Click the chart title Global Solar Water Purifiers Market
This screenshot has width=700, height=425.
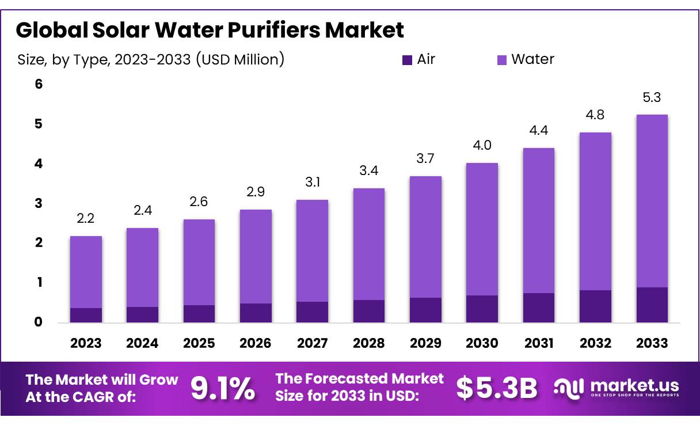click(210, 30)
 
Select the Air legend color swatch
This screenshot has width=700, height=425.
click(407, 59)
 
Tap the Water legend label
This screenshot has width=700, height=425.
click(532, 59)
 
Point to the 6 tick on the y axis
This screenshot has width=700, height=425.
click(39, 85)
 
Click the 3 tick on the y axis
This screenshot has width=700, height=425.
click(39, 203)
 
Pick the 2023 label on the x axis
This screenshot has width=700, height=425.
click(86, 343)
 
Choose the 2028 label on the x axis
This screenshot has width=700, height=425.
click(368, 343)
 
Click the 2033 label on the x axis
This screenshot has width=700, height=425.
click(652, 343)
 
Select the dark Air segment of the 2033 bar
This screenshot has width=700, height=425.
click(652, 305)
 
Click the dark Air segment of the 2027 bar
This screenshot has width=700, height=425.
click(312, 312)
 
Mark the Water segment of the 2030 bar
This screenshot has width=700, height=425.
click(482, 229)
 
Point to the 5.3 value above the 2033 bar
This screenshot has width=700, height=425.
click(652, 98)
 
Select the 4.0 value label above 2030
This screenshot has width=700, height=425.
click(482, 146)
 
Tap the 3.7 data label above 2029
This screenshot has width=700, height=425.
click(425, 159)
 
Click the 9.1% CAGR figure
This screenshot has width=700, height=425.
click(223, 389)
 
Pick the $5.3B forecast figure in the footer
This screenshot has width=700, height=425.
click(497, 389)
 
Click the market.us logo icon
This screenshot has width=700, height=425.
click(569, 388)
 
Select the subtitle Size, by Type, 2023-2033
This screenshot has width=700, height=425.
click(151, 59)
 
